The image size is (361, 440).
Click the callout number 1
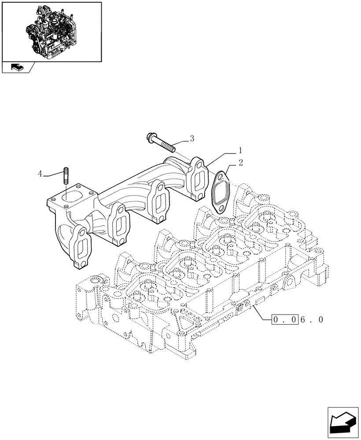pyautogui.click(x=240, y=150)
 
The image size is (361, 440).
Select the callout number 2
pyautogui.click(x=241, y=163)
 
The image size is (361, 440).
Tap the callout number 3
pyautogui.click(x=192, y=139)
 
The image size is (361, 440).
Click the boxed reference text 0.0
pyautogui.click(x=285, y=320)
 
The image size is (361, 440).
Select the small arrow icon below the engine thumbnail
pyautogui.click(x=18, y=68)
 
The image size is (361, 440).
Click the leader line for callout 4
pyautogui.click(x=53, y=174)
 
